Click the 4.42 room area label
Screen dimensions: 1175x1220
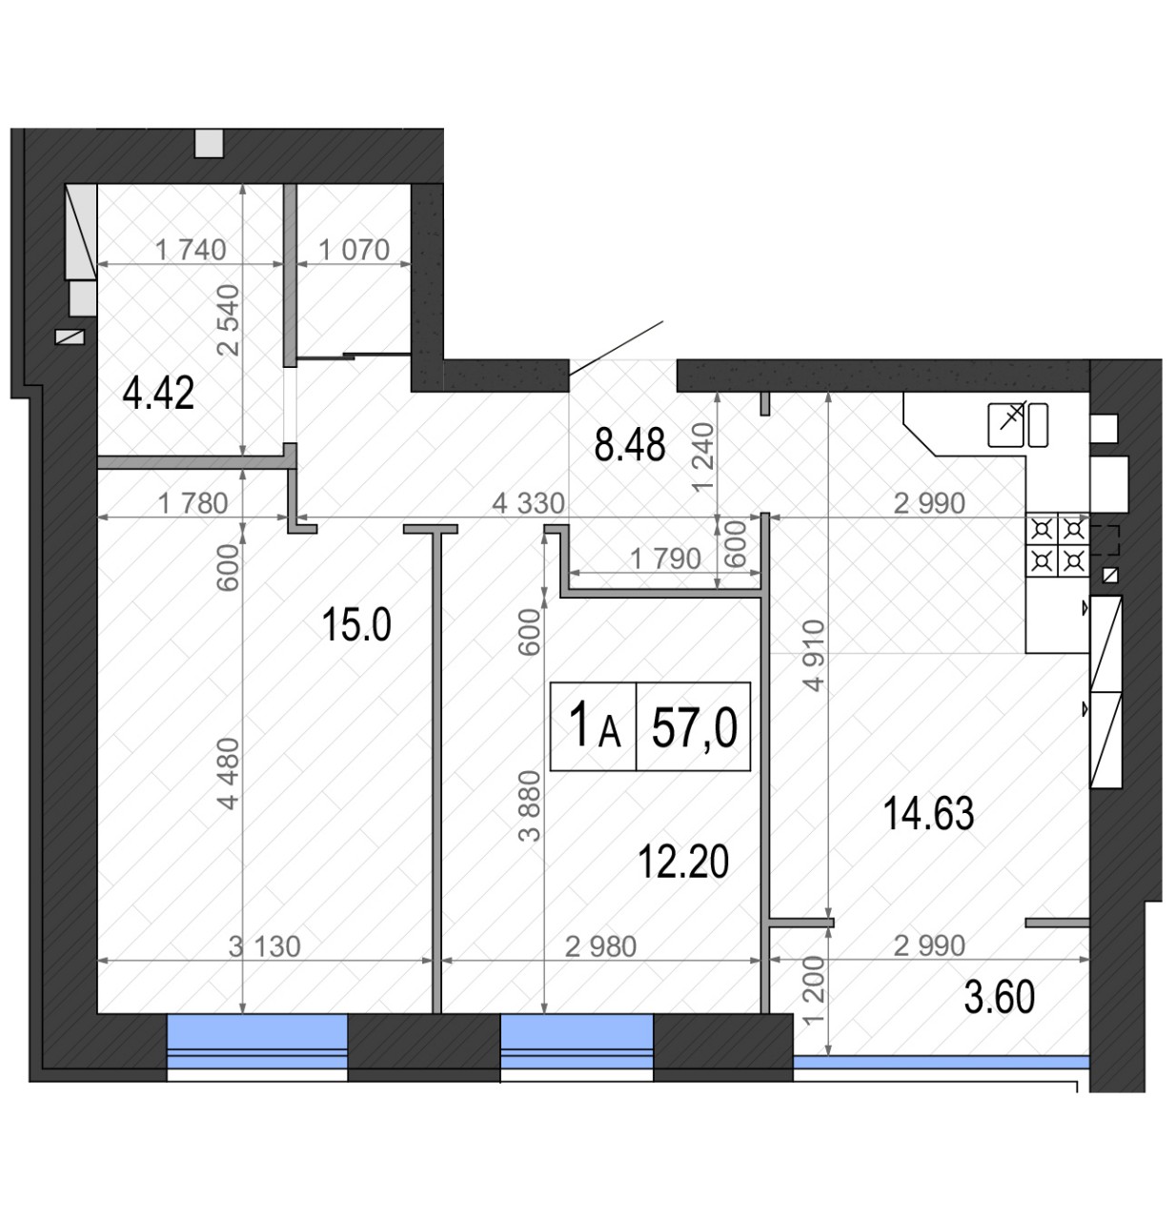(158, 394)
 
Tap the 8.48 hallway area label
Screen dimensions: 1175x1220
(629, 445)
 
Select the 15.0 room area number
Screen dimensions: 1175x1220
(356, 625)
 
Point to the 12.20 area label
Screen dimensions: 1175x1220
(683, 861)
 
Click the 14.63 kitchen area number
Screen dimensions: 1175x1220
(928, 813)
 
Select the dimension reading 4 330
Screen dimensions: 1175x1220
(528, 503)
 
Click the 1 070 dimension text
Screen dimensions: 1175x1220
(355, 250)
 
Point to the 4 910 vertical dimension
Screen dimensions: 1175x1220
(815, 655)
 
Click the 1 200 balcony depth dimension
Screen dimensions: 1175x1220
(815, 992)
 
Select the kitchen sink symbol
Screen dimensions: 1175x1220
(1018, 425)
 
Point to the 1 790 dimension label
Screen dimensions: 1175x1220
(665, 559)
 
